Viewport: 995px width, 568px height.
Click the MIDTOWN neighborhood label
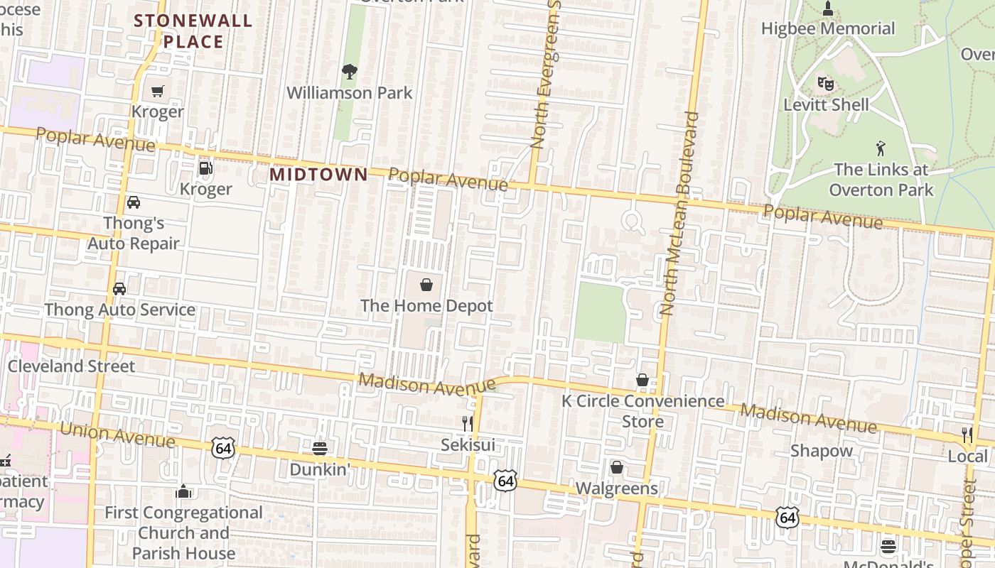[318, 174]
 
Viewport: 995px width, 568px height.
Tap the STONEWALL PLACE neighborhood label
[193, 31]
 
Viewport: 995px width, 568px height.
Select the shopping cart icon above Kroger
[157, 91]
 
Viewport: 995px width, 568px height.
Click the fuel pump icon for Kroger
[205, 168]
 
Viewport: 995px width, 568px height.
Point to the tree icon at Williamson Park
[349, 71]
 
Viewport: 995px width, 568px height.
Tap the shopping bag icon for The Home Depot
[426, 285]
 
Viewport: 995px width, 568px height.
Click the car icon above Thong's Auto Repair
[134, 202]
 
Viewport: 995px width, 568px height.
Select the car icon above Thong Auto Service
[119, 289]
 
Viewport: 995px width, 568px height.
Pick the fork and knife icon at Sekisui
[467, 424]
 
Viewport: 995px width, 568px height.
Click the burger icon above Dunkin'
[320, 448]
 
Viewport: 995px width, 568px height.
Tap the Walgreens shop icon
[616, 467]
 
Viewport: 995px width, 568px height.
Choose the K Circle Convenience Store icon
[642, 380]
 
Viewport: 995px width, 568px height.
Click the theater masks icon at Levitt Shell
[825, 83]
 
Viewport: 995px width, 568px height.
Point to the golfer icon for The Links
[881, 148]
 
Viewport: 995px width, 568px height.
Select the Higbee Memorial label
[828, 28]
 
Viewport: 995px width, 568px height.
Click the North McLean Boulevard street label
[678, 213]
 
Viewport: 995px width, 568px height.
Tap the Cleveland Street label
[71, 366]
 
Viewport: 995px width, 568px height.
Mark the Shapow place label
[822, 451]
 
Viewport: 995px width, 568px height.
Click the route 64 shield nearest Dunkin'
[222, 448]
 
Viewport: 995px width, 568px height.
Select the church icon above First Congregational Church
[183, 491]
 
